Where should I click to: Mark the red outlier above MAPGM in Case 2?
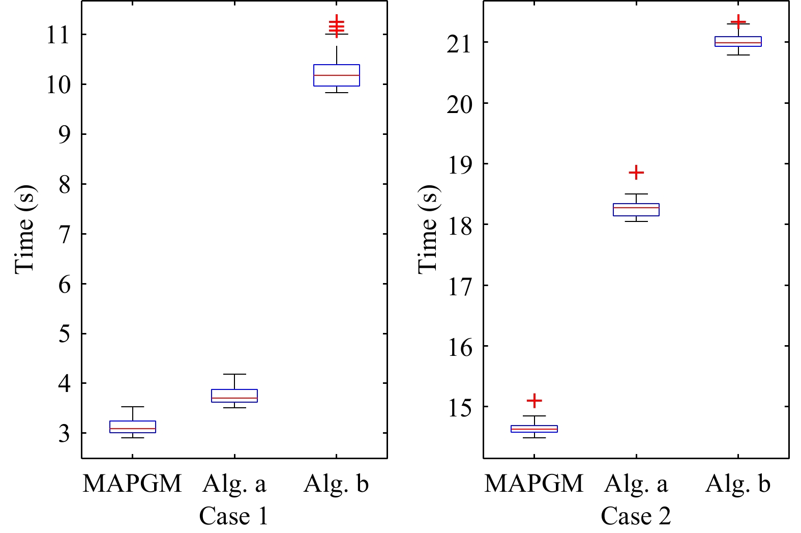pos(534,401)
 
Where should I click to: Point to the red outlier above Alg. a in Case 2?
pos(636,173)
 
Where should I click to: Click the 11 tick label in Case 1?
pos(57,35)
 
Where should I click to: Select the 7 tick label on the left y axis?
pos(65,235)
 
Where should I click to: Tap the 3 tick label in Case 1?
pos(65,434)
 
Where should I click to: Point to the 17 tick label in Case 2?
pos(459,287)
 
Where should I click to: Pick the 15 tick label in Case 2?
pos(459,408)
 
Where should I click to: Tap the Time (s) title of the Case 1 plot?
pos(25,230)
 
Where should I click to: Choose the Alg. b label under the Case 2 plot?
pos(738,484)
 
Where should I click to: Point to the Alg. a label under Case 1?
pos(234,485)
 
